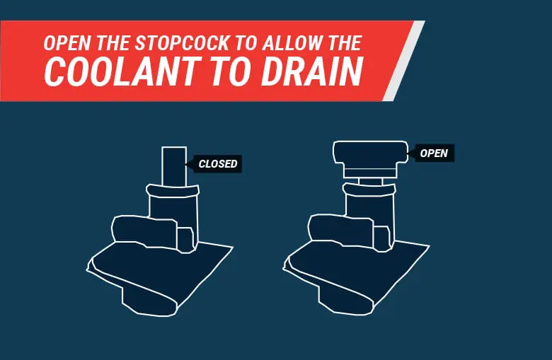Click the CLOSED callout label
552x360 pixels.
(x=218, y=164)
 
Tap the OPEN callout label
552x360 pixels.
(x=433, y=153)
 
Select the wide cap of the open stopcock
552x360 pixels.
(x=368, y=152)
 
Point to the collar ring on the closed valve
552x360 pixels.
(x=173, y=190)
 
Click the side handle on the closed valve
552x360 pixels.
(x=142, y=231)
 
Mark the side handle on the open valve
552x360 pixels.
(x=338, y=229)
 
